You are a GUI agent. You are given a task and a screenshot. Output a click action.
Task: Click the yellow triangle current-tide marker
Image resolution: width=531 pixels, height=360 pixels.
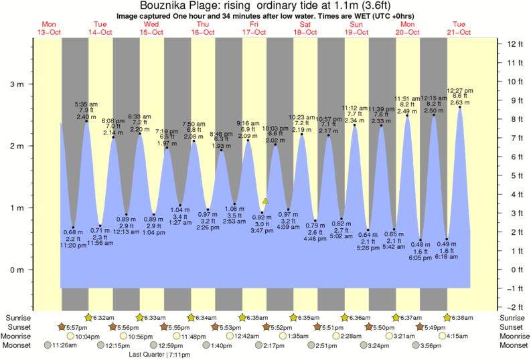266,201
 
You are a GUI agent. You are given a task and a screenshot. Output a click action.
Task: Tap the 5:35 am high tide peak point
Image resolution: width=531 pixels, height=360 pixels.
86,121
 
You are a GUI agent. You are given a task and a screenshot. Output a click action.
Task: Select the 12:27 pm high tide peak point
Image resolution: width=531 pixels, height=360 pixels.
459,107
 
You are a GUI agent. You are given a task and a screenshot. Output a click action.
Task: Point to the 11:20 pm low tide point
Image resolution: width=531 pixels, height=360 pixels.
73,228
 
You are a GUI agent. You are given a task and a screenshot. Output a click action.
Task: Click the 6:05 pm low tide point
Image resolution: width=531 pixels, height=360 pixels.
421,240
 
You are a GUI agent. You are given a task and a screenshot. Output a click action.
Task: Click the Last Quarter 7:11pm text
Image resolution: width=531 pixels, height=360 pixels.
158,354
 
